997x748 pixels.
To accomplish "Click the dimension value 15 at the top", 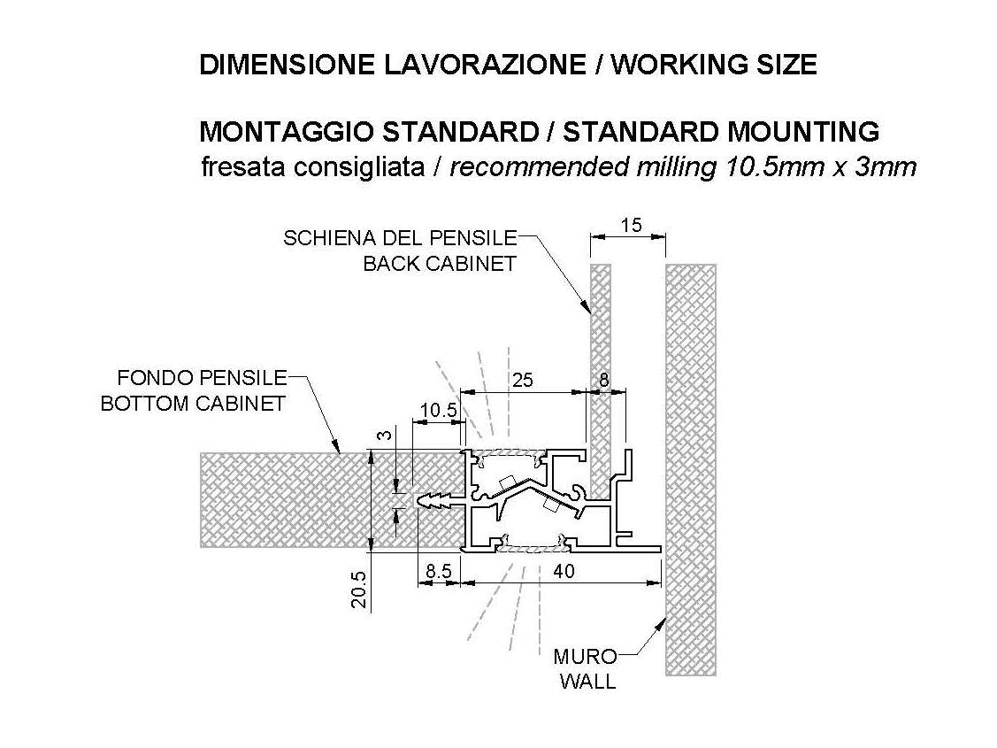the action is (632, 225).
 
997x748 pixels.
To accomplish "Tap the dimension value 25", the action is (522, 380).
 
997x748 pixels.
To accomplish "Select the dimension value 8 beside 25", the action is (604, 380).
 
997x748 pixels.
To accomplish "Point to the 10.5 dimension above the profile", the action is (440, 410).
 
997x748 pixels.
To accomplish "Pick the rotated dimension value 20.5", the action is (359, 589).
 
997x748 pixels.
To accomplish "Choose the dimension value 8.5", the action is (439, 571).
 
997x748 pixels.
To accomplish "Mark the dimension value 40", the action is (564, 571).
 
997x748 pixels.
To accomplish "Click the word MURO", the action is (585, 656).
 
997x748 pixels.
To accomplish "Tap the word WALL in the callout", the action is (588, 682).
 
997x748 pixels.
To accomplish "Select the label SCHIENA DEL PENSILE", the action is (400, 238).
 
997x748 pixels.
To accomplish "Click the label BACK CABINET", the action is (440, 263).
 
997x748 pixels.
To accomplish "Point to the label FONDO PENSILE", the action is (203, 378).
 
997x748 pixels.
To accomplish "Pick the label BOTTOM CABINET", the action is (193, 404).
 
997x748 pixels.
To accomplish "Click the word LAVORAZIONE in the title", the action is (484, 65).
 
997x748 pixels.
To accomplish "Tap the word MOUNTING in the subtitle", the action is (803, 132).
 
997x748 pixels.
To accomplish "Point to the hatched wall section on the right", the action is (691, 469).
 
